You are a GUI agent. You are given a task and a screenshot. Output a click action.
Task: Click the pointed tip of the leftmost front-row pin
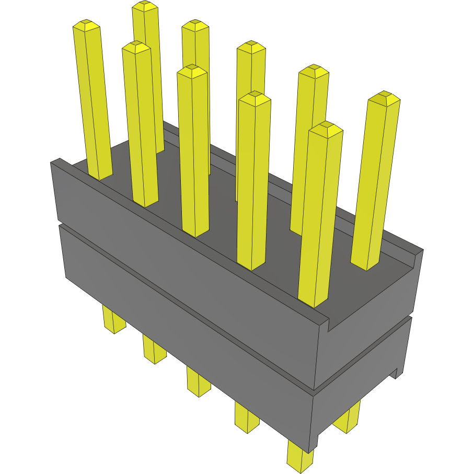(86, 24)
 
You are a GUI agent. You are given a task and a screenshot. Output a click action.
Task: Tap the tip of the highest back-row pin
(145, 5)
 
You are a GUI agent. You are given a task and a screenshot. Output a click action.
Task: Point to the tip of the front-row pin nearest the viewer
(326, 125)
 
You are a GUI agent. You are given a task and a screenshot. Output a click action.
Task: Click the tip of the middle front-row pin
(192, 68)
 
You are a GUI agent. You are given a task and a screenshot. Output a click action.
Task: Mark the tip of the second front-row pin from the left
(136, 45)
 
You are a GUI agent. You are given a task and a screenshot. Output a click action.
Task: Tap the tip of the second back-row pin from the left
(195, 24)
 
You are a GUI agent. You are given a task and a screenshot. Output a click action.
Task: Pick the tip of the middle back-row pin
(251, 44)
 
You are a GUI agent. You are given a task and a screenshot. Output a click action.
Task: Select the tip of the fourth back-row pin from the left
(314, 68)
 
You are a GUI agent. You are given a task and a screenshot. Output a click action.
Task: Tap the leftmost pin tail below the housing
(114, 321)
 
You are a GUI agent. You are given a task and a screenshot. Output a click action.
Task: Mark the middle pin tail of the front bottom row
(199, 384)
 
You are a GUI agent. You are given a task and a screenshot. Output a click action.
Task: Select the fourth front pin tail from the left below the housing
(246, 418)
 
